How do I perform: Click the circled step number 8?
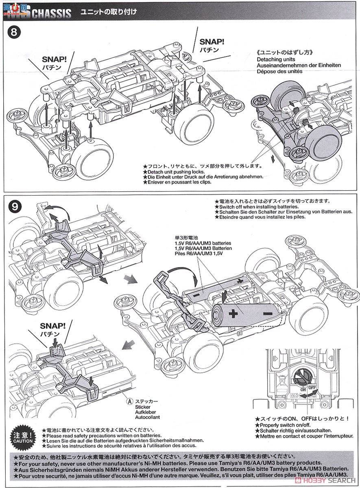(x=14, y=33)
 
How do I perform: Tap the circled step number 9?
(x=14, y=206)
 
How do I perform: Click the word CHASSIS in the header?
(x=51, y=13)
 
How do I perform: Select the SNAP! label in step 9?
(x=53, y=326)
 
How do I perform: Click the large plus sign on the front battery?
(x=233, y=314)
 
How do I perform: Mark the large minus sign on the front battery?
(x=267, y=314)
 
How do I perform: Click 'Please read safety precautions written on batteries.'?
(x=103, y=435)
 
